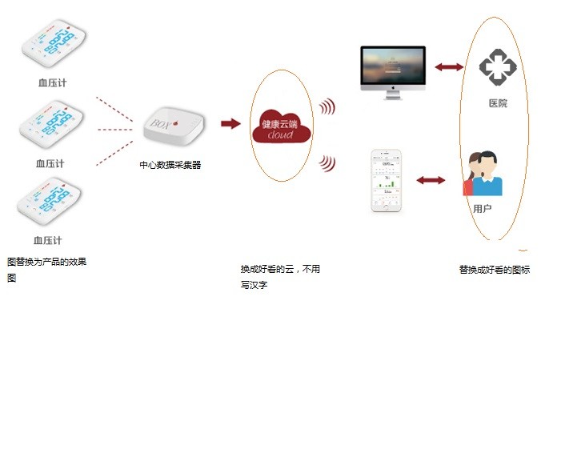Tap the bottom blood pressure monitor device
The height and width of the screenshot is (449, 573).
coord(50,205)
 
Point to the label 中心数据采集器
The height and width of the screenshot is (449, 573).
coord(170,165)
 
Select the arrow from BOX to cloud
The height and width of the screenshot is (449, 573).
coord(230,123)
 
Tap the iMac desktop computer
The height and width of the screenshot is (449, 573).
coord(391,71)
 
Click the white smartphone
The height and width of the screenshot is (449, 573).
coord(388,181)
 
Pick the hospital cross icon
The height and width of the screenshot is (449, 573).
coord(497,67)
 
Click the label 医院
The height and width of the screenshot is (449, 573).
coord(497,104)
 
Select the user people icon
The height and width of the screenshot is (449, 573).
coord(483,174)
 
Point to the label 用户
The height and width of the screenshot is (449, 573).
coord(482,209)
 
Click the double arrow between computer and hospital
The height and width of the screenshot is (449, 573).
coord(449,67)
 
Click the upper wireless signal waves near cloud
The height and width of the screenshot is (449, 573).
coord(327,107)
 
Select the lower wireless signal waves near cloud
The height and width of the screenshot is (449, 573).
coord(327,163)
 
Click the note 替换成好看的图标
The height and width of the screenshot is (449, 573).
coord(494,270)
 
